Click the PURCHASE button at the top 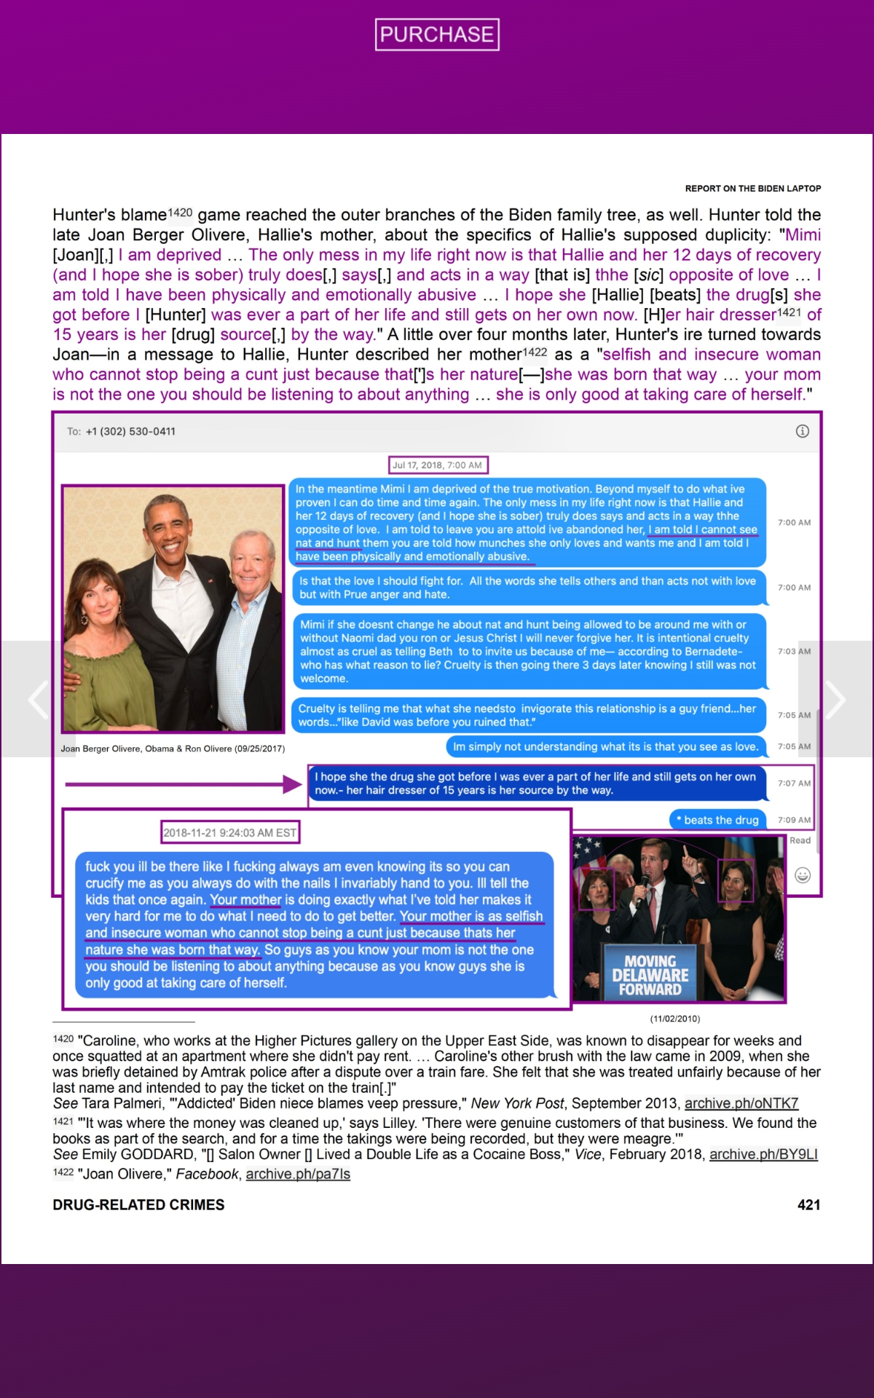pos(437,34)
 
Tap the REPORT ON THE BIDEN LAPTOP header pos(752,189)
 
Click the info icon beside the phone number pos(802,431)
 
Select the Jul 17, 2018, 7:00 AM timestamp pos(437,465)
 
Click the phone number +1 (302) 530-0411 pos(130,431)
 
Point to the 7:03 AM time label pos(793,651)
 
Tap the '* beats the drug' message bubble pos(717,820)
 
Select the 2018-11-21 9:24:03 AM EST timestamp pos(229,833)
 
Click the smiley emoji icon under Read pos(802,875)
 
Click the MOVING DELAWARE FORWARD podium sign pos(650,975)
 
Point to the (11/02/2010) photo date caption pos(674,1019)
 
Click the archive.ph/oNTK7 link pos(741,1103)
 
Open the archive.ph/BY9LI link pos(763,1154)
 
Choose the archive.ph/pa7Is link pos(298,1174)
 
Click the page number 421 pos(808,1205)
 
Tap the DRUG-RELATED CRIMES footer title pos(138,1205)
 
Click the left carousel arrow pos(38,699)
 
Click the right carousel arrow pos(835,699)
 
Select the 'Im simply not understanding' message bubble pos(605,746)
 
